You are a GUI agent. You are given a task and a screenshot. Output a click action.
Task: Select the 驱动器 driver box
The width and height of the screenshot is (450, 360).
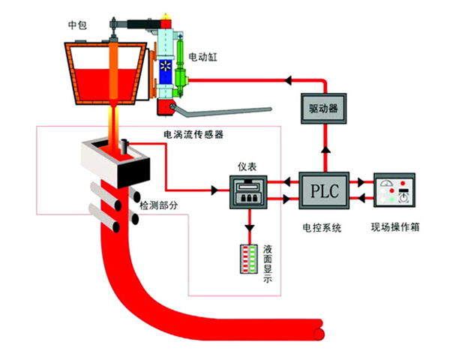click(323, 109)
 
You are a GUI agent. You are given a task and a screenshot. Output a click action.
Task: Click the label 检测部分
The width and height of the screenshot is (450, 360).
click(158, 204)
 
